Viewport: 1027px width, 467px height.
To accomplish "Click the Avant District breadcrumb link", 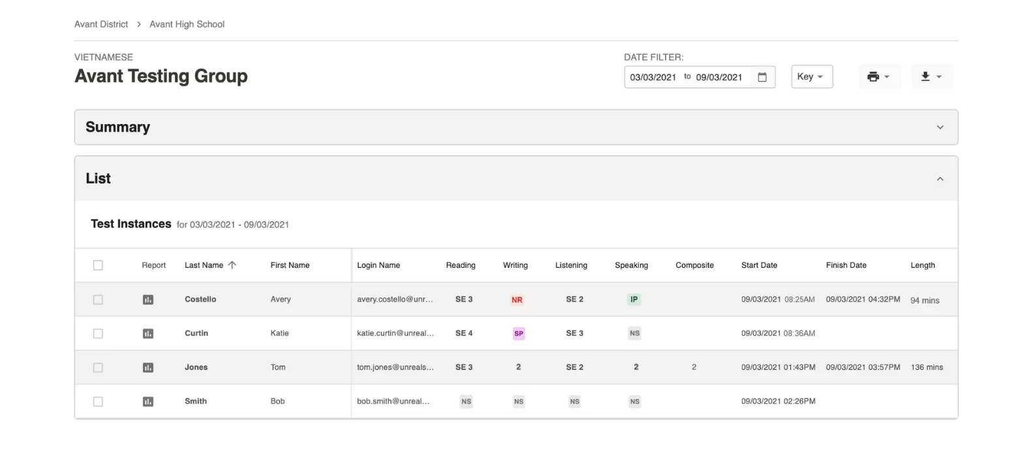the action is [101, 24].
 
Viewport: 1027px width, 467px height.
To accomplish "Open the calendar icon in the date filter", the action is [762, 77].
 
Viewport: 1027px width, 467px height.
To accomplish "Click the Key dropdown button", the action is [812, 76].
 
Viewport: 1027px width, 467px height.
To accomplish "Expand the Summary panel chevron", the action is [940, 127].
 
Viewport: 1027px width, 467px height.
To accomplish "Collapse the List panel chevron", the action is [940, 179].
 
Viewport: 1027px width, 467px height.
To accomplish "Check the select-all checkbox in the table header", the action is [98, 265].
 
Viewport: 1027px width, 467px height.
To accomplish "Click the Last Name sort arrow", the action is [232, 265].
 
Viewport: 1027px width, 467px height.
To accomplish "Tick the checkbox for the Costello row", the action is [98, 300].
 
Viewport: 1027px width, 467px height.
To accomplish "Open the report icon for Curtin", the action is [147, 334].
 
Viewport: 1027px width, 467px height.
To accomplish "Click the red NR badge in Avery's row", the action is [517, 300].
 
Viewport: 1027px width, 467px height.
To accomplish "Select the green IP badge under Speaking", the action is [634, 300].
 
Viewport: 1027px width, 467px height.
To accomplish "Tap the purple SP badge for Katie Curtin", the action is [519, 334].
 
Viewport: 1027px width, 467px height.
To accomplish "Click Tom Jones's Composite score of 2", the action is [694, 367].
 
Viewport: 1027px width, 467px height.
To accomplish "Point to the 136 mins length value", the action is [927, 367].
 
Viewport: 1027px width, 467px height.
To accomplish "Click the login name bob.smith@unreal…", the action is [393, 401].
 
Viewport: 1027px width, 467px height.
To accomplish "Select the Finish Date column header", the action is [846, 265].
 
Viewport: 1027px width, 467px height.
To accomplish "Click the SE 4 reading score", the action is [463, 333].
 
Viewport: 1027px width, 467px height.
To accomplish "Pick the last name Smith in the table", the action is [195, 401].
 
